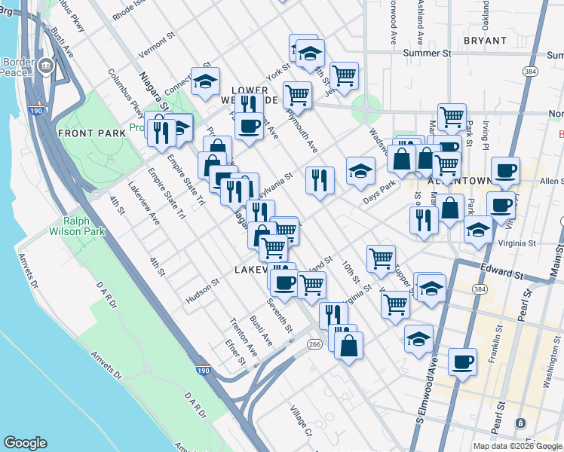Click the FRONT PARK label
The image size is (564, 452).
tap(85, 133)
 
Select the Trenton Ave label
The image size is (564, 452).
tap(242, 337)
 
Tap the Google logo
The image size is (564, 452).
tap(25, 443)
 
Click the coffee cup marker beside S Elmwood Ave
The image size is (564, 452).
tap(462, 362)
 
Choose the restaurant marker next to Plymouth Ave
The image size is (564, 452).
tap(320, 179)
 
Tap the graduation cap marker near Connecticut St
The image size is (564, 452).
tap(204, 83)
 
